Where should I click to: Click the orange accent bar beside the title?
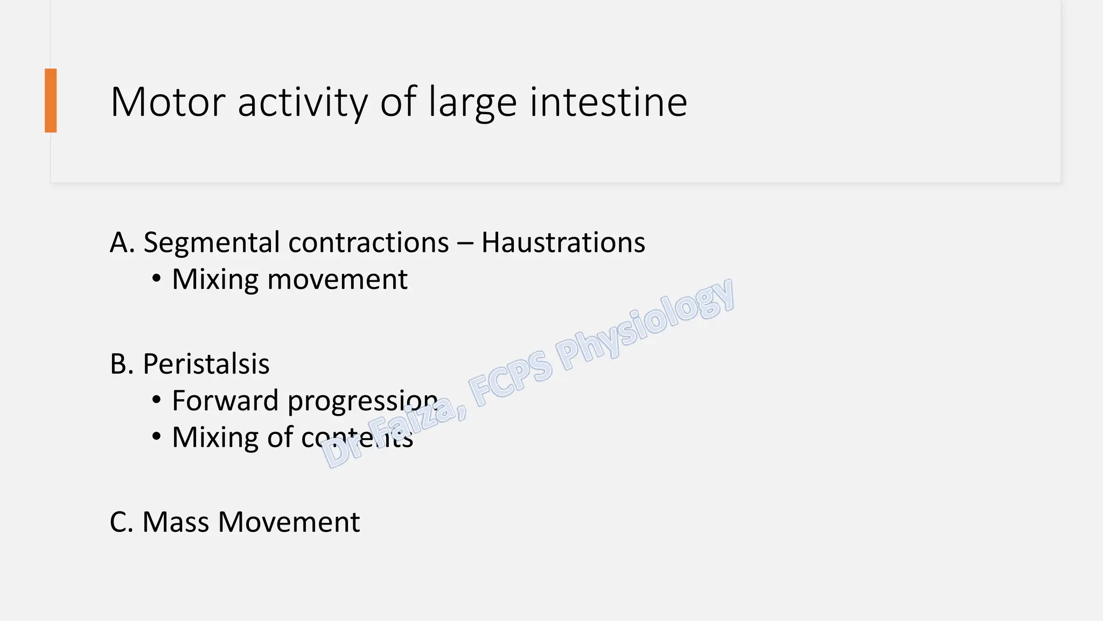pos(51,100)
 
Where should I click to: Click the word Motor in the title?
pos(167,102)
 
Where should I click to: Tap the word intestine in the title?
pos(608,102)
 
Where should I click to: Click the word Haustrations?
pos(563,243)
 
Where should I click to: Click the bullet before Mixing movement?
pos(156,279)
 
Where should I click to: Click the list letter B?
pos(122,364)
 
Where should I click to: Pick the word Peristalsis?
pos(206,364)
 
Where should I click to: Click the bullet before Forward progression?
pos(156,401)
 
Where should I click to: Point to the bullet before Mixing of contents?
pos(156,437)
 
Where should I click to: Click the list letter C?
pos(121,522)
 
